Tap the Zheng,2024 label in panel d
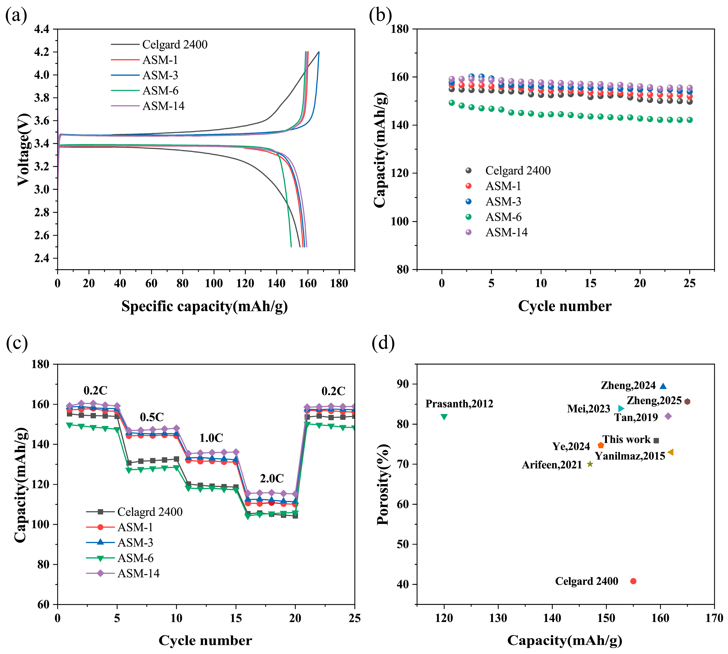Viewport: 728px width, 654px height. click(628, 386)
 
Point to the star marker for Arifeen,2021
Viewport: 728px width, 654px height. click(590, 464)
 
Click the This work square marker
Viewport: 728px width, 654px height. click(656, 441)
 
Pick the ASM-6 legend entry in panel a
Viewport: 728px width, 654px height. click(160, 91)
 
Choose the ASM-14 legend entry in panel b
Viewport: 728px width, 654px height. click(506, 232)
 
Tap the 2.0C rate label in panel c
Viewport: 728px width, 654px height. click(272, 478)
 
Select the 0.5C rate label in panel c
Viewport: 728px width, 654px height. click(152, 417)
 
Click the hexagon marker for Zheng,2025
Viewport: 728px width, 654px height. click(687, 402)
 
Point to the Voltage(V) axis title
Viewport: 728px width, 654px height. click(23, 149)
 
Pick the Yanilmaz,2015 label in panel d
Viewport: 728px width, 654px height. click(630, 456)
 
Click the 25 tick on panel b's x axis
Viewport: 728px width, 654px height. click(689, 284)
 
